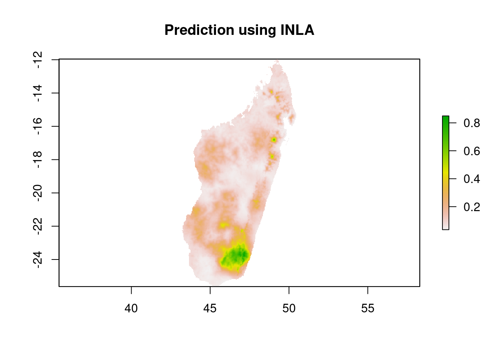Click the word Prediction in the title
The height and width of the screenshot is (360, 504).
199,30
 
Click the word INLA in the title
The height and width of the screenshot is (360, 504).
297,30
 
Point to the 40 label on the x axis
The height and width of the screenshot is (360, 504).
131,309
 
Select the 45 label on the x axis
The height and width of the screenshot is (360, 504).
210,309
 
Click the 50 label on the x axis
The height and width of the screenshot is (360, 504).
289,309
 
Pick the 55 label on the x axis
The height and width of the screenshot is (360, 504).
367,309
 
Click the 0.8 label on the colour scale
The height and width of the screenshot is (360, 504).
472,123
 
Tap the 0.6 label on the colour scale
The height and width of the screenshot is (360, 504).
472,151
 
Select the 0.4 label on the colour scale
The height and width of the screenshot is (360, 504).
472,179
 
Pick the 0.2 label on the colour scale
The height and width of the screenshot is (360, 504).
472,207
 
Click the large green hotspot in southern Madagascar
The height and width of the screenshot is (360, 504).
235,256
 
